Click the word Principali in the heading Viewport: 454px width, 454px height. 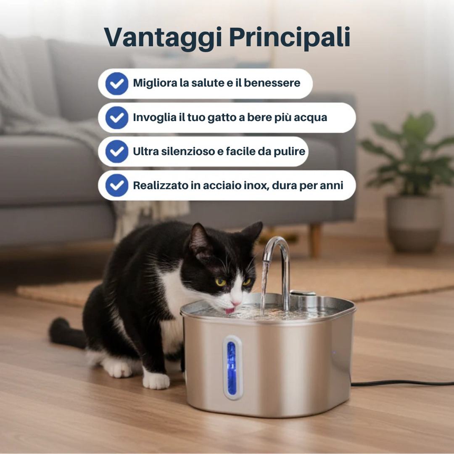(290, 38)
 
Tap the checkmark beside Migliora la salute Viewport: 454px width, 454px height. (117, 83)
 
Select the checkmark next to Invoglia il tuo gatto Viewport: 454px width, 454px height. (117, 117)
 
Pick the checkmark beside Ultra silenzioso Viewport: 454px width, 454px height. (117, 151)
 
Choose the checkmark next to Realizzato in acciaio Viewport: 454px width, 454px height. (117, 185)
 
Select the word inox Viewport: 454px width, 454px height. (255, 185)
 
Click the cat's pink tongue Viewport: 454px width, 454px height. (230, 311)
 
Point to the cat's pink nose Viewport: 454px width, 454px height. (236, 303)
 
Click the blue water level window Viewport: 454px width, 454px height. (232, 368)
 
